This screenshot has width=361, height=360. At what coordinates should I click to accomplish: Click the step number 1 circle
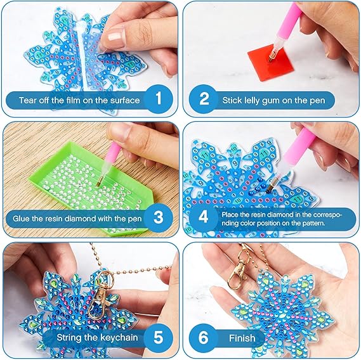(x=159, y=99)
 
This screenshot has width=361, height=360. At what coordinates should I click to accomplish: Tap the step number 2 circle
(x=204, y=99)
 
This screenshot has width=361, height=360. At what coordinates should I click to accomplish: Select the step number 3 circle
(x=159, y=217)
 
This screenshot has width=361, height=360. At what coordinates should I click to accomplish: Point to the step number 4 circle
(x=204, y=217)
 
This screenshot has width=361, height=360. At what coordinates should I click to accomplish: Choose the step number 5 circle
(x=159, y=337)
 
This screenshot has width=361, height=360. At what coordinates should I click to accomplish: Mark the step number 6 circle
(x=204, y=337)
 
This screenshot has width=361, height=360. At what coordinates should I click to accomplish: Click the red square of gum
(x=271, y=62)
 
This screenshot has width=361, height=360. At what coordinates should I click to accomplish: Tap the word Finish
(x=242, y=338)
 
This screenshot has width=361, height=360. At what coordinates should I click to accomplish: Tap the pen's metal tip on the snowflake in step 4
(x=271, y=186)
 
